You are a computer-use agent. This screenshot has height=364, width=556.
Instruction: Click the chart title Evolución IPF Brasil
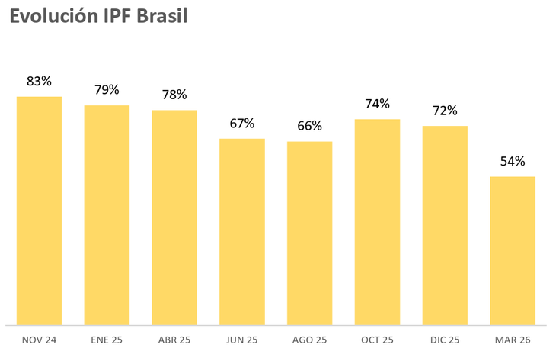tap(98, 17)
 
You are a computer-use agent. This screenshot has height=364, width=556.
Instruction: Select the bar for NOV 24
tap(39, 211)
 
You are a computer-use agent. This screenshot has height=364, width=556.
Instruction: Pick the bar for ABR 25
tap(174, 217)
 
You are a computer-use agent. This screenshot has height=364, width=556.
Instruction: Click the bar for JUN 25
tap(242, 232)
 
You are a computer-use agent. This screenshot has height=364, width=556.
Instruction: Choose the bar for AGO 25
tap(310, 234)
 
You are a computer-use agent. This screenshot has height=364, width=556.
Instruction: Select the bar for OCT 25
tap(377, 222)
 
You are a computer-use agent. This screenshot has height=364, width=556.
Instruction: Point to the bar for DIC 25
tap(445, 225)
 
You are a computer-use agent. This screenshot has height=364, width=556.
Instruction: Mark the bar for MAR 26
tap(513, 251)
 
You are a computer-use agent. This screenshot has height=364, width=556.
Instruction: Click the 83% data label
tap(39, 81)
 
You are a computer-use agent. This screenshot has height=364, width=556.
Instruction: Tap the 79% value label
tap(107, 90)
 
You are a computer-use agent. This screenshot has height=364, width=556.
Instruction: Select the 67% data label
tap(242, 124)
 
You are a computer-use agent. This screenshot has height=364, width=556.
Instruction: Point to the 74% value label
tap(377, 104)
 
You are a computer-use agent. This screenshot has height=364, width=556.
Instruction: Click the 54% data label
tap(513, 162)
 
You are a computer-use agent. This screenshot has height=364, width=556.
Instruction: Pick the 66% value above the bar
tap(310, 126)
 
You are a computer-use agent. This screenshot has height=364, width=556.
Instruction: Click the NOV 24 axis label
tap(39, 340)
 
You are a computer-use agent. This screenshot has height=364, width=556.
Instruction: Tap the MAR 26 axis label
tap(513, 340)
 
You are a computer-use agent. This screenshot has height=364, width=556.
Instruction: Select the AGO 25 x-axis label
tap(310, 340)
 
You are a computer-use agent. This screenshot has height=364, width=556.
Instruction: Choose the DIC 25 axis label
tap(445, 340)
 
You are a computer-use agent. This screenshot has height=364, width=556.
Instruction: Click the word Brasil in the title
tap(161, 17)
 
